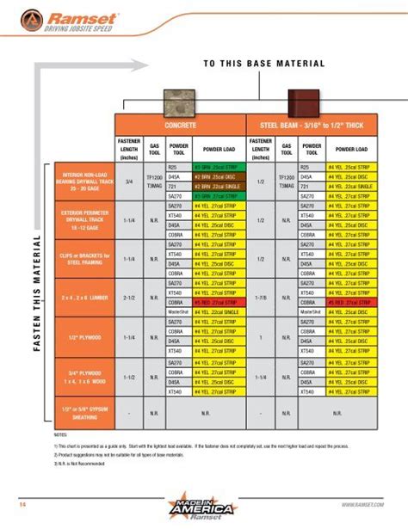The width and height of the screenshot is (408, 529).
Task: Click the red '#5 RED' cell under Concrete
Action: coord(219,303)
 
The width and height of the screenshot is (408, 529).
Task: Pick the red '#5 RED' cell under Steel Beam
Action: coord(352,303)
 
